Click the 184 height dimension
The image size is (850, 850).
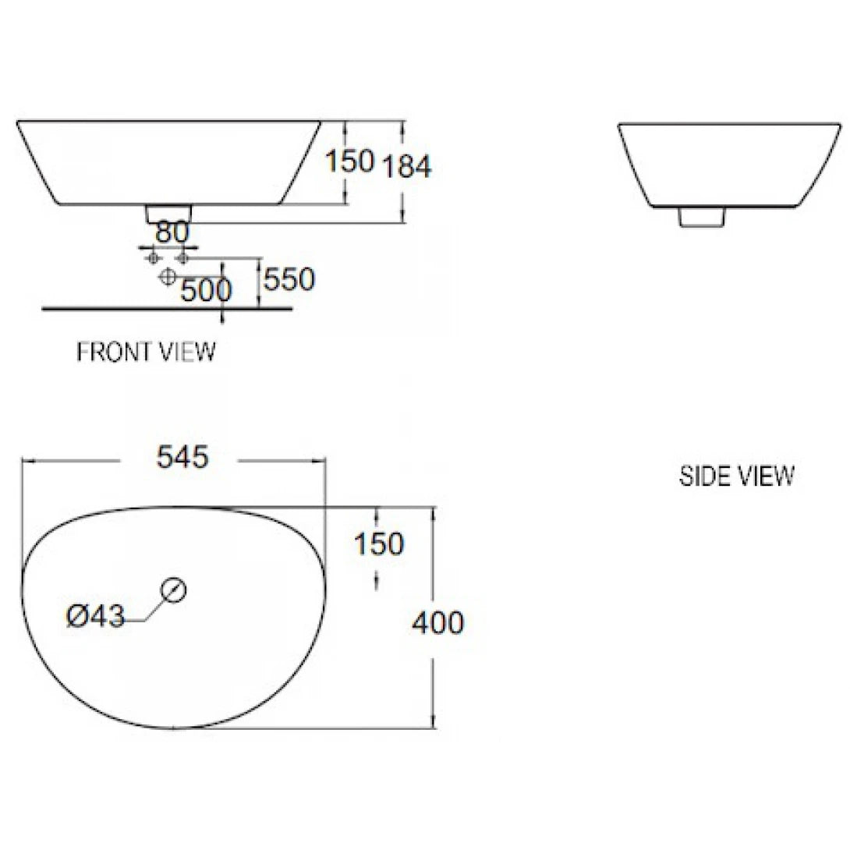click(x=406, y=165)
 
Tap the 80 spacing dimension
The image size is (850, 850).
click(x=172, y=232)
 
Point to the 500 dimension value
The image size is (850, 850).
click(x=206, y=290)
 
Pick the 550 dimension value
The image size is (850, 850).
click(x=289, y=279)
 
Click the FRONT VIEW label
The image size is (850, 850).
click(x=146, y=352)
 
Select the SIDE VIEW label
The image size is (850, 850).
click(x=736, y=475)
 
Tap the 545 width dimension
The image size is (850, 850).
click(x=183, y=458)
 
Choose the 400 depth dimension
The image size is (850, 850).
click(x=437, y=622)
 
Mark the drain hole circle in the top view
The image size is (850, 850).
click(x=174, y=590)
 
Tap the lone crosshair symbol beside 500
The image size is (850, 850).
click(x=167, y=277)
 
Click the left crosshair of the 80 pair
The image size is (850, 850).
click(x=154, y=257)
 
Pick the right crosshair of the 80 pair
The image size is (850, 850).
click(x=184, y=257)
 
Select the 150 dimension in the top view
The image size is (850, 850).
click(x=379, y=544)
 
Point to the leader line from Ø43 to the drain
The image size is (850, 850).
click(x=152, y=611)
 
